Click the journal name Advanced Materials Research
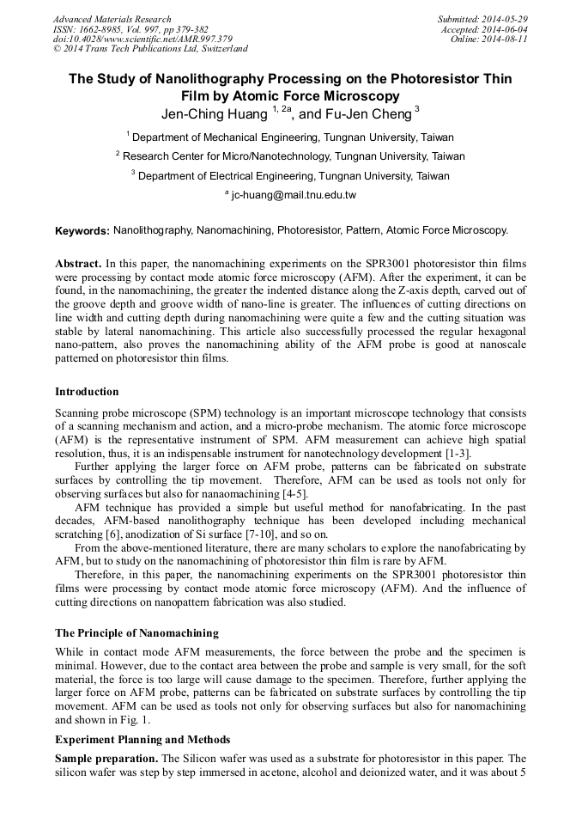tap(112, 19)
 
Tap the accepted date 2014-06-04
tap(506, 29)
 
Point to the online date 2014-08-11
tap(506, 40)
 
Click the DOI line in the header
tap(142, 40)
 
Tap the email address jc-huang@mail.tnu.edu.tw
tap(293, 195)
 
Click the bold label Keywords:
tap(82, 231)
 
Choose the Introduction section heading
tap(87, 392)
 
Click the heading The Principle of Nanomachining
tap(136, 633)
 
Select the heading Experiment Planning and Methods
tap(142, 740)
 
